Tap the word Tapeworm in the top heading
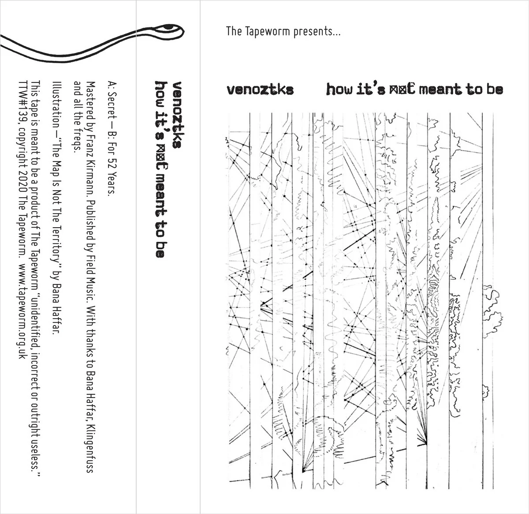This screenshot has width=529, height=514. click(x=267, y=32)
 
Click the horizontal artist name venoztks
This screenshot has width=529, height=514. click(x=260, y=90)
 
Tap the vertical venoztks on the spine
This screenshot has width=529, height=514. click(x=177, y=115)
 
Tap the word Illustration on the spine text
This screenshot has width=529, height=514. click(x=56, y=101)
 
